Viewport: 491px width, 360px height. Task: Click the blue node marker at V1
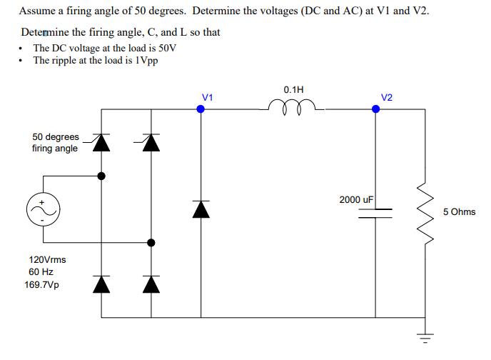[201, 109]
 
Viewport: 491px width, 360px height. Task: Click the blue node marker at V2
[376, 109]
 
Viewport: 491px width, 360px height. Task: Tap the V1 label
[207, 96]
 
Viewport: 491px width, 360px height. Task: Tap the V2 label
[387, 96]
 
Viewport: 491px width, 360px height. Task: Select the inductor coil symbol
[292, 107]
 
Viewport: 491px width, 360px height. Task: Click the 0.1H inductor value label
[293, 90]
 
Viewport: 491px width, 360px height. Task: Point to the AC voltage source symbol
[41, 209]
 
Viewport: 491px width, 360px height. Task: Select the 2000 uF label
[357, 199]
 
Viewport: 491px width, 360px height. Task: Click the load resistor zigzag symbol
[427, 212]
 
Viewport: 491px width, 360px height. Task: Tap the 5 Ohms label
[459, 212]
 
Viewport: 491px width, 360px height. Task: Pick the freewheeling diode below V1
[201, 209]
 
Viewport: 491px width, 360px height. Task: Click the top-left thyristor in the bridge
[102, 143]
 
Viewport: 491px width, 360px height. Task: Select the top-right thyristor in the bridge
[149, 143]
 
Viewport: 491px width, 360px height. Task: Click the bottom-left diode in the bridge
[102, 284]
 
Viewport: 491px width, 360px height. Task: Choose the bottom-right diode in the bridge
[150, 284]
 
